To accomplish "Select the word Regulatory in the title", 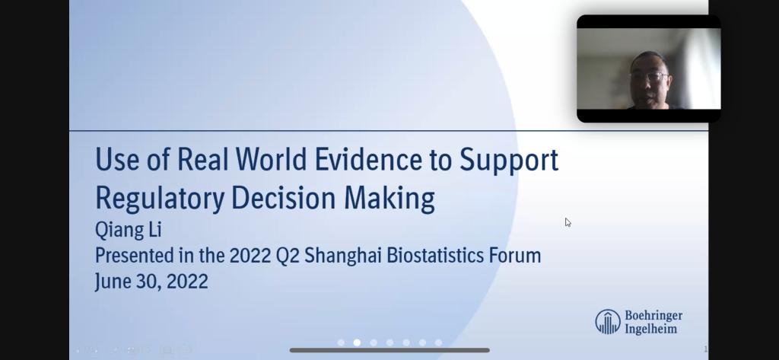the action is pos(160,199).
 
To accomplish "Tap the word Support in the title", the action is pos(509,161).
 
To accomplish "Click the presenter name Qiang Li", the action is pos(128,230).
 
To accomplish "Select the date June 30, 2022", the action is pos(151,282).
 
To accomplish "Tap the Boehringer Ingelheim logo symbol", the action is pos(608,321).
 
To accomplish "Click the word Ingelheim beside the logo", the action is pos(650,329).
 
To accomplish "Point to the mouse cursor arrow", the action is pos(568,222).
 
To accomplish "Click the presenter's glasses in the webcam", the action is pos(648,77).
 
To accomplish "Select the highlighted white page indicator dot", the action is pos(357,342).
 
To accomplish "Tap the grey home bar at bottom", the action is pos(389,350).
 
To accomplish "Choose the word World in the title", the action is pos(272,159).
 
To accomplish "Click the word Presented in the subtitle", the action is pos(129,256).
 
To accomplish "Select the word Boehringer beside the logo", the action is pos(653,316).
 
